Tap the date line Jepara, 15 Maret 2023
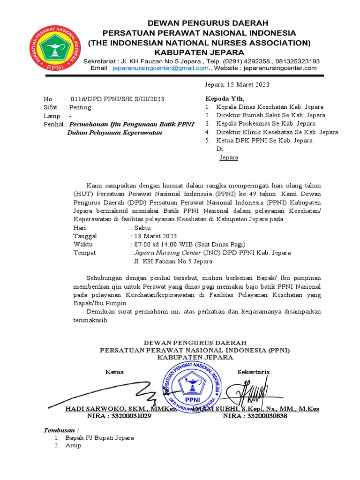coord(237,85)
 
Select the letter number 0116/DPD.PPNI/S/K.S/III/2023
coord(117,99)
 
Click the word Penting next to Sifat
coord(81,107)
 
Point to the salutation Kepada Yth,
coord(225,98)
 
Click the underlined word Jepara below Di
coord(229,157)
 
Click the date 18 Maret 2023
coord(155,236)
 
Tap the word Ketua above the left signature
coord(114,372)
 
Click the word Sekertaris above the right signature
coord(254,372)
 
